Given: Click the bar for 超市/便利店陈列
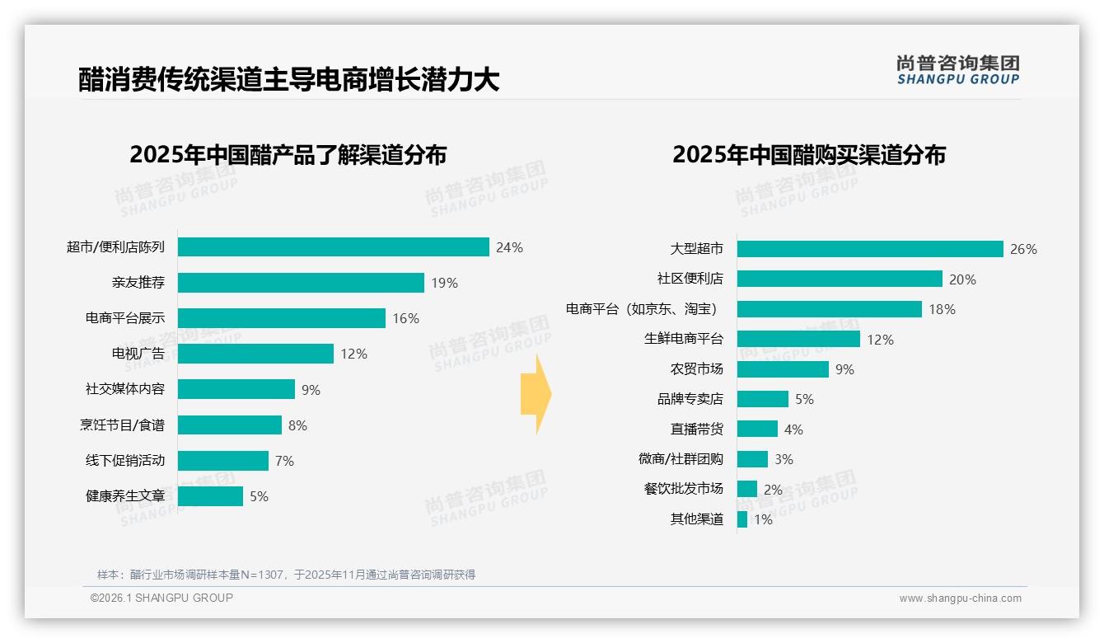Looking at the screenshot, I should [x=334, y=247].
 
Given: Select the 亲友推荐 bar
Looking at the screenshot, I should [x=301, y=283].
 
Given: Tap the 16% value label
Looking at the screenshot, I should [x=405, y=318].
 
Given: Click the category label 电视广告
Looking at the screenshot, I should [x=138, y=354].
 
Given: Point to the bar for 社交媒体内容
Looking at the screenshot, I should [x=236, y=389].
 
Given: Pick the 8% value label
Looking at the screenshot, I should [x=297, y=425].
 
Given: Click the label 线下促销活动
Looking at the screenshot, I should [x=125, y=460].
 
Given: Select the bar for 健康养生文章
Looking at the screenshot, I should [x=210, y=496].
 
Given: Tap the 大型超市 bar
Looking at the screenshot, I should [x=870, y=249].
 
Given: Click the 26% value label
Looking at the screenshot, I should [x=1023, y=249].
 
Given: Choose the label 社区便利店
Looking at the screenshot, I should [x=690, y=279].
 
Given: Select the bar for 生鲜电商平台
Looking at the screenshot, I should [x=798, y=339].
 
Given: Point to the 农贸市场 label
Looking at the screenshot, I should [x=697, y=368].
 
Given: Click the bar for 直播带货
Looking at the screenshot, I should [x=757, y=429].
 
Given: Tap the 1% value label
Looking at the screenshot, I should [x=763, y=519].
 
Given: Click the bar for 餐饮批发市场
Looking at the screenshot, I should [x=747, y=489].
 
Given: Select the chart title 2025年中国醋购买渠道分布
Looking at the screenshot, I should [x=809, y=155].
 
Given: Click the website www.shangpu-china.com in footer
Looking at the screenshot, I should [x=960, y=598].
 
